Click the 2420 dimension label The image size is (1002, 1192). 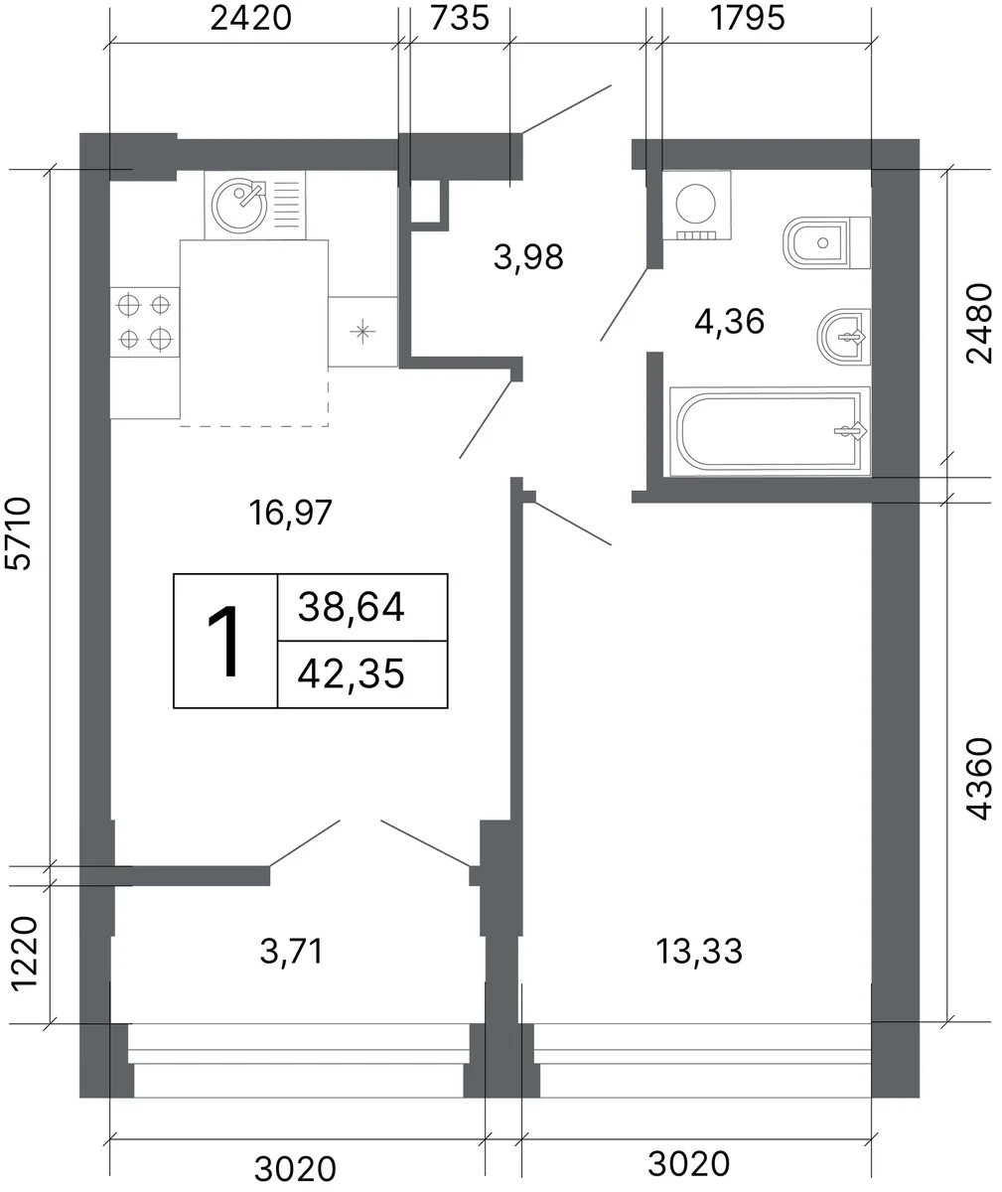(x=250, y=18)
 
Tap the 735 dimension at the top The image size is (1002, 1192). (x=460, y=18)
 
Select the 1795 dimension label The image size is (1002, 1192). (x=748, y=18)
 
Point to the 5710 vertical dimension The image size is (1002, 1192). (x=17, y=533)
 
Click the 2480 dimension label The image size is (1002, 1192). (x=979, y=323)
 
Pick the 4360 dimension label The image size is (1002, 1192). (x=979, y=779)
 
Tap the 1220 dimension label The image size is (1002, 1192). (x=24, y=953)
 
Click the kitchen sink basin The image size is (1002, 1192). (x=239, y=206)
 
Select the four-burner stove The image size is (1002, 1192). (x=145, y=323)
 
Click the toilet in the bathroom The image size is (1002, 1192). (x=826, y=242)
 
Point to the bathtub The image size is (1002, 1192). (x=770, y=431)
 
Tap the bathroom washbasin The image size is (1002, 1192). (x=843, y=337)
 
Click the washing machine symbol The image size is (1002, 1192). (x=696, y=205)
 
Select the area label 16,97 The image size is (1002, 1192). (x=290, y=513)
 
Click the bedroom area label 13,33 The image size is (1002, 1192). (x=699, y=951)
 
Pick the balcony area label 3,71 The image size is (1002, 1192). (x=292, y=951)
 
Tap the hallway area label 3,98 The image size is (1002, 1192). (x=528, y=257)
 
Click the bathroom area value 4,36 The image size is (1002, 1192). (x=729, y=322)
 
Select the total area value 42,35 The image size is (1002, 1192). (x=351, y=673)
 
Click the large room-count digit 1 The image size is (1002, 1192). (x=223, y=642)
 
